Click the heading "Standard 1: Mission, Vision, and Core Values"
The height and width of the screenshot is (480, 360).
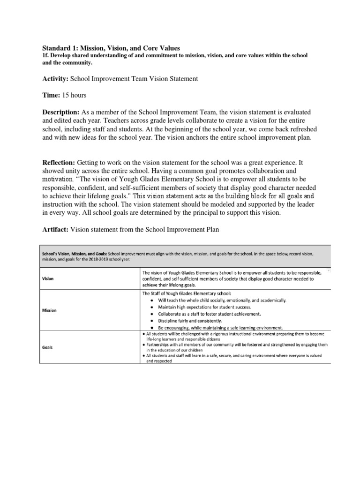(x=111, y=47)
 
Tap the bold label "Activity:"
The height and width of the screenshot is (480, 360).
(x=55, y=79)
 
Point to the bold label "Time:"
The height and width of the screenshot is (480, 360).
(x=51, y=96)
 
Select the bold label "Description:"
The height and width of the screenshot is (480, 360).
(x=61, y=112)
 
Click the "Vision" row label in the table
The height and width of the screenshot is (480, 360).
(x=48, y=278)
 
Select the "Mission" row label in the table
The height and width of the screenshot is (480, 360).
(x=50, y=310)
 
